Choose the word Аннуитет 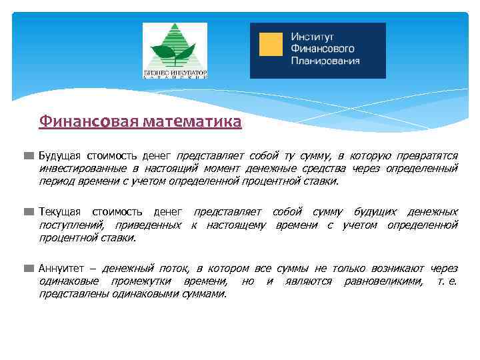click(x=60, y=269)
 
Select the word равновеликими click(x=383, y=281)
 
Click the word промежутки click(x=142, y=281)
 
